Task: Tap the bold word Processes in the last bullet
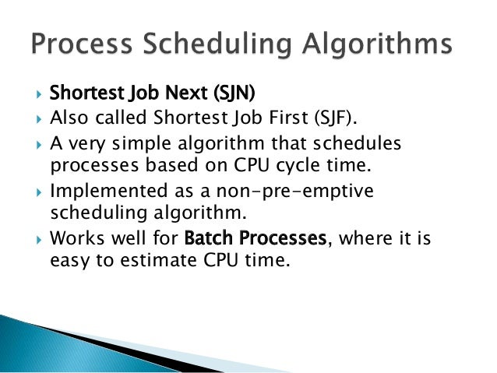coord(286,237)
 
